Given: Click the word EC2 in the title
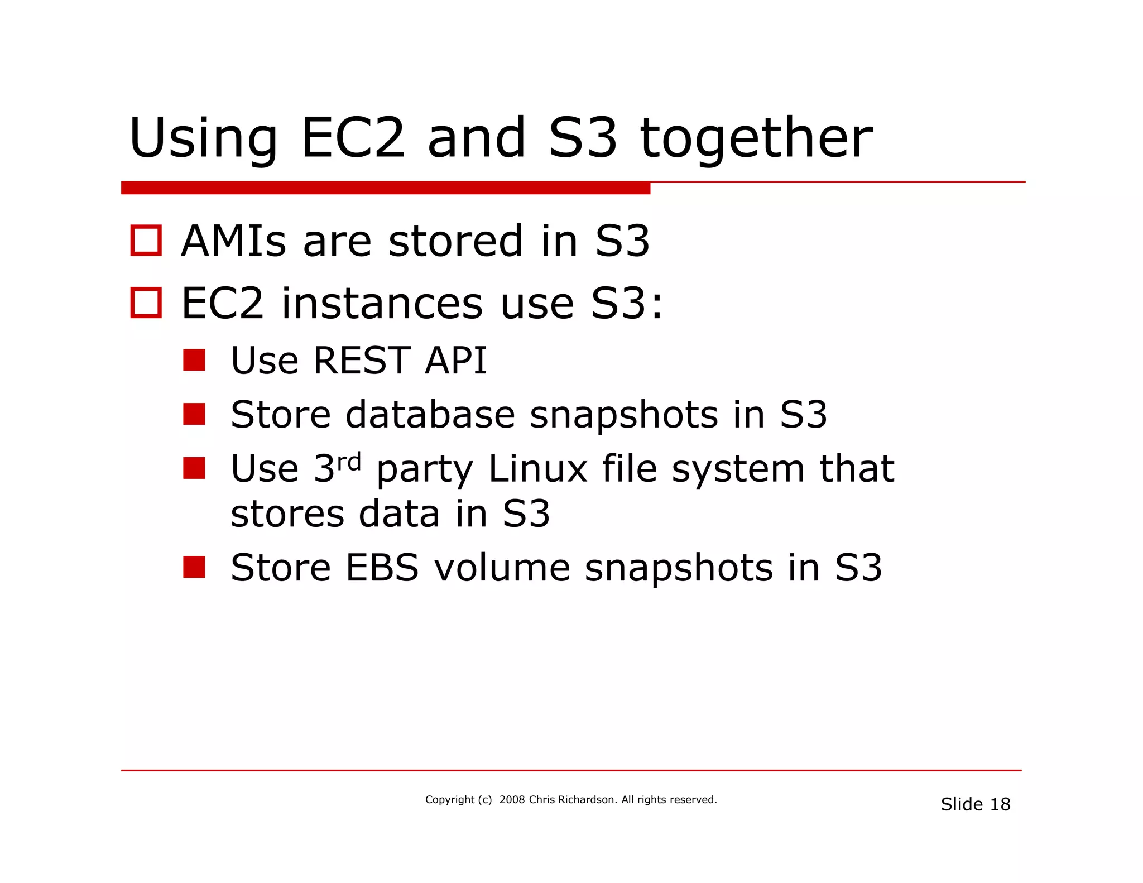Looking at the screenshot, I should [x=353, y=138].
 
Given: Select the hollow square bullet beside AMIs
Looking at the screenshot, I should [x=146, y=241].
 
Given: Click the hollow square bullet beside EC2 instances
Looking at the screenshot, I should [x=146, y=303].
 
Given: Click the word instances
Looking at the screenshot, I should [x=382, y=304].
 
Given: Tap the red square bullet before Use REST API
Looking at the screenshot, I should [x=194, y=360].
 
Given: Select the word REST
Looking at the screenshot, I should [x=362, y=361].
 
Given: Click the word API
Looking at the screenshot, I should [x=455, y=361].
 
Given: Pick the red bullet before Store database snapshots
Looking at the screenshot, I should [x=194, y=414].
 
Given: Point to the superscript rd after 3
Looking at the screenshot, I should [x=349, y=462].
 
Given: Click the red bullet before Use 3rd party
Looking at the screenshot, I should [x=194, y=468].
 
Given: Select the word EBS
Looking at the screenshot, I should [x=382, y=568].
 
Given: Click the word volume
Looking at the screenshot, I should [x=502, y=568].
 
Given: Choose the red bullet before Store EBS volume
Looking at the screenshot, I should [x=194, y=567].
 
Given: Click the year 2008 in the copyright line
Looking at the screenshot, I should [x=512, y=800].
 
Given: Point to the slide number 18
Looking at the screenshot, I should [x=1000, y=804].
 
